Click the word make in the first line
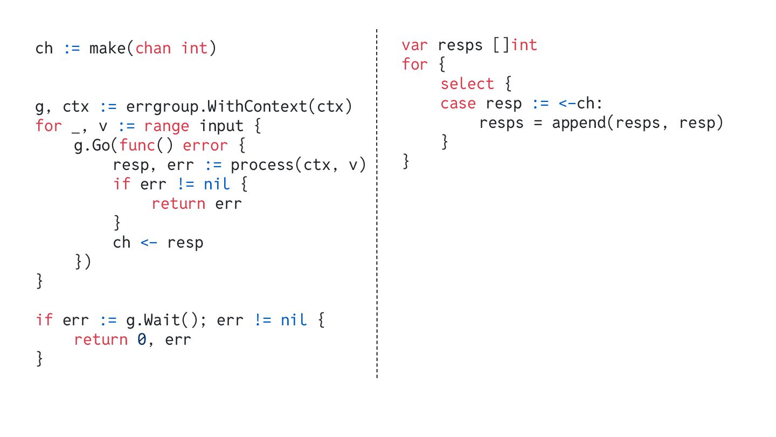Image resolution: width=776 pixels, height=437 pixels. tap(107, 49)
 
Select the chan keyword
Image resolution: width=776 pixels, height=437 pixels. tap(153, 49)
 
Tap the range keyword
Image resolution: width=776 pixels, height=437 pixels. tap(167, 126)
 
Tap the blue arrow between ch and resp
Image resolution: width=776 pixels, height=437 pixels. tap(149, 243)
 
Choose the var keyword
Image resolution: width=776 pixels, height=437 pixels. tap(414, 45)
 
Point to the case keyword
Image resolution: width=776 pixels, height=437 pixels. tap(458, 104)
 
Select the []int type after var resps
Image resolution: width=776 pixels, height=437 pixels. tap(515, 45)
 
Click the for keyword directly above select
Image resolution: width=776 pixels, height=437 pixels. tap(414, 65)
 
